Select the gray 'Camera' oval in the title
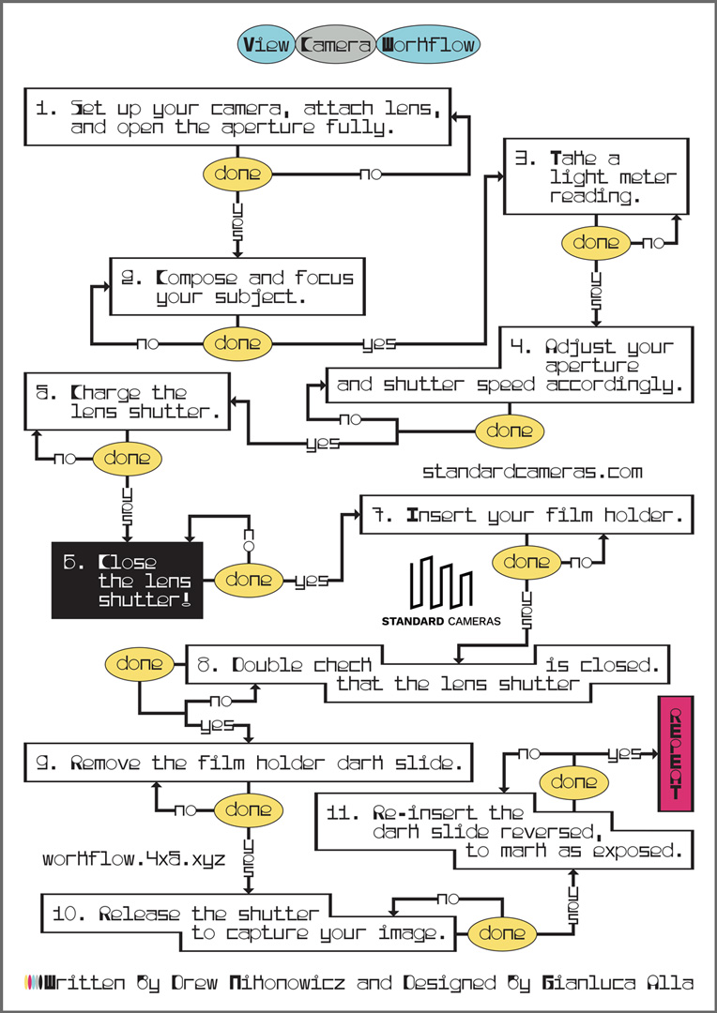(336, 44)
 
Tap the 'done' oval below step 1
(238, 174)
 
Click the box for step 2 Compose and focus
(236, 287)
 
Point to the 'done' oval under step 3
(596, 243)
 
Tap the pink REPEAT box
(677, 753)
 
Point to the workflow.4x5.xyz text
(133, 858)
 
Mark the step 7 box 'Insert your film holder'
(526, 515)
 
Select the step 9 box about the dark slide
(247, 763)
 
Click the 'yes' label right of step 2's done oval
(380, 343)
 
